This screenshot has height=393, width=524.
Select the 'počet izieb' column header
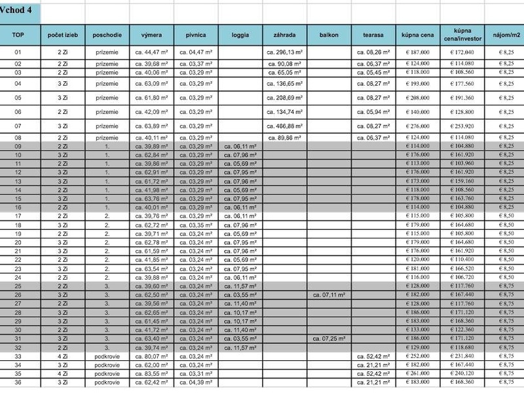(x=63, y=33)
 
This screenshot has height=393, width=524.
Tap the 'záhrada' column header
(x=284, y=33)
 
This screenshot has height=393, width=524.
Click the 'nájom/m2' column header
(x=506, y=33)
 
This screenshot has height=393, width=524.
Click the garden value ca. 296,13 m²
(x=284, y=52)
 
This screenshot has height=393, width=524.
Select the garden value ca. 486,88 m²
(x=284, y=126)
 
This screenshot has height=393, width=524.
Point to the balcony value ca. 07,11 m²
(x=328, y=295)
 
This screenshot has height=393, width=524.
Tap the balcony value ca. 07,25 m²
(x=328, y=339)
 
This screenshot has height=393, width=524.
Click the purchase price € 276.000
(x=417, y=126)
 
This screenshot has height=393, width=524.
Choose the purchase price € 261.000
(x=417, y=373)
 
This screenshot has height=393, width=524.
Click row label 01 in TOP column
(x=18, y=52)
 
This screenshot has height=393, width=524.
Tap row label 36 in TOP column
(x=18, y=382)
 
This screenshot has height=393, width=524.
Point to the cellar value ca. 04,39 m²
(x=196, y=382)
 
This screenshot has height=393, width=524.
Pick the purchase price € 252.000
(x=417, y=356)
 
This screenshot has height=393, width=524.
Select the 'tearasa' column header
(x=373, y=33)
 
